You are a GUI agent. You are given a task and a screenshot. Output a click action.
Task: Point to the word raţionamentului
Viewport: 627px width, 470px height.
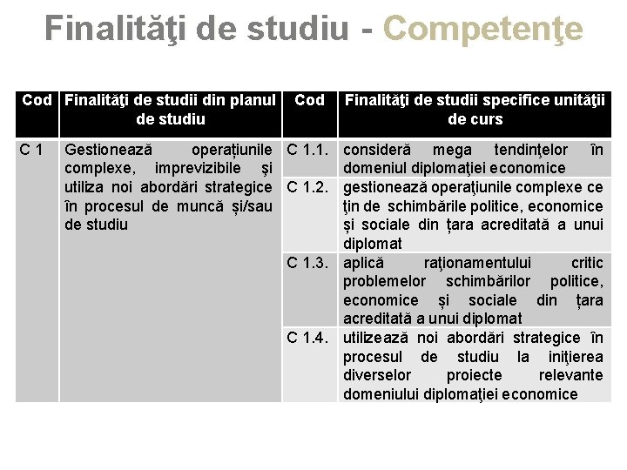(474, 262)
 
